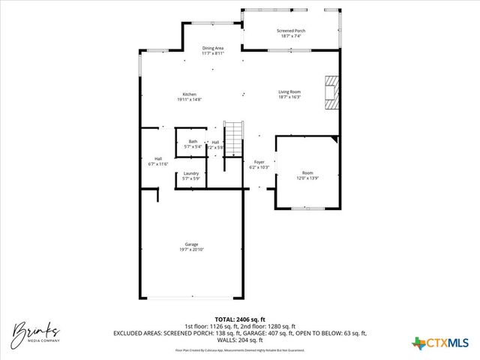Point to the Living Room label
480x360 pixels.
click(289, 91)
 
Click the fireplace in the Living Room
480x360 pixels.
click(331, 93)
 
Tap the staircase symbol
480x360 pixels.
click(235, 137)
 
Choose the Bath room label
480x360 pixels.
click(193, 141)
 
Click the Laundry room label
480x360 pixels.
click(191, 173)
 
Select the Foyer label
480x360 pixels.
click(259, 162)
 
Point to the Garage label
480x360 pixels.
click(192, 244)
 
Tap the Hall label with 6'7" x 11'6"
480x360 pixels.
click(158, 158)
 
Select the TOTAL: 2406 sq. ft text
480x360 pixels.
click(240, 319)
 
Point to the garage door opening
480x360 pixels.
click(192, 296)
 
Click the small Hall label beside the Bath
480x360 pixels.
click(215, 142)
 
